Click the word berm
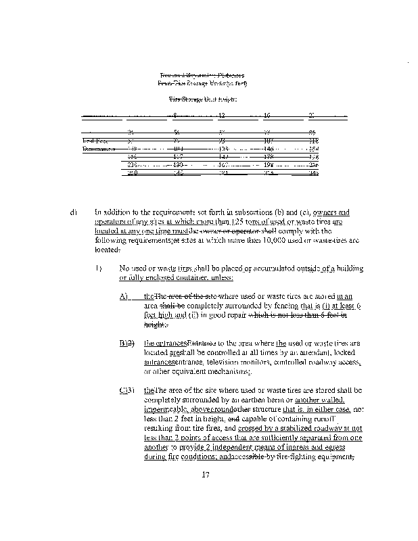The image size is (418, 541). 273,400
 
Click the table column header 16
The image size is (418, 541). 267,115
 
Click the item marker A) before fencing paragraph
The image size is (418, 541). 124,296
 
